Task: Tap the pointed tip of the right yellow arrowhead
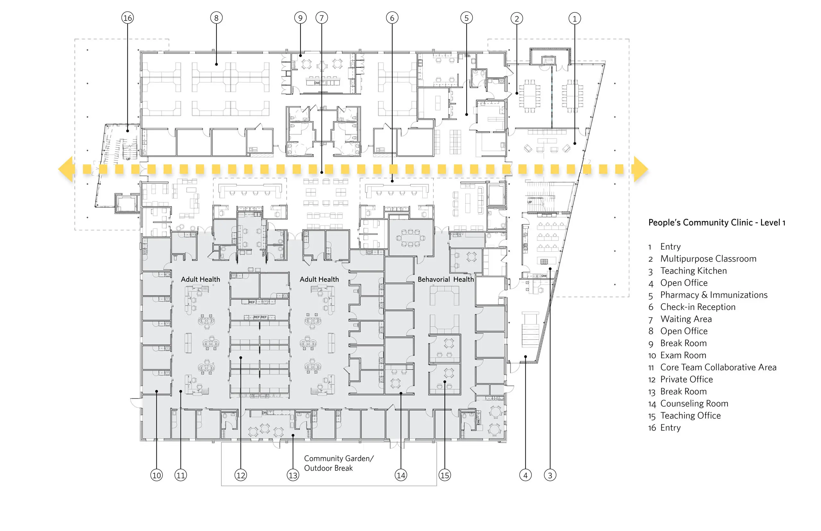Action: [x=648, y=169]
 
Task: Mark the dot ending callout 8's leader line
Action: [x=216, y=64]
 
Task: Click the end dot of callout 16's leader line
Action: [x=128, y=131]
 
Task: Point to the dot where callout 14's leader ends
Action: [x=401, y=393]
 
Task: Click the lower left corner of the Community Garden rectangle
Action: [x=221, y=485]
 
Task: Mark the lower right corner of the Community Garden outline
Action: [x=436, y=485]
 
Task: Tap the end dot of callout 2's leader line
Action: [x=517, y=93]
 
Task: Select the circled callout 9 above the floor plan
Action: [x=300, y=18]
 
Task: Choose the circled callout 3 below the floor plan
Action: [x=550, y=475]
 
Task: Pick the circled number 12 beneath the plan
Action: [x=241, y=475]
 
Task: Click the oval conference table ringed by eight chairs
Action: [x=410, y=238]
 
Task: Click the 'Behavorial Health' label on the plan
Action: [x=445, y=279]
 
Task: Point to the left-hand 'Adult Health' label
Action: [x=200, y=279]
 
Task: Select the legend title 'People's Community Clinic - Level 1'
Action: [x=716, y=223]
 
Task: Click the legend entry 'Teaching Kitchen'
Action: [x=693, y=271]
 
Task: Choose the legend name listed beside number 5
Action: [x=714, y=295]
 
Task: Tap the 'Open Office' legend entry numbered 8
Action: [x=684, y=331]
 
